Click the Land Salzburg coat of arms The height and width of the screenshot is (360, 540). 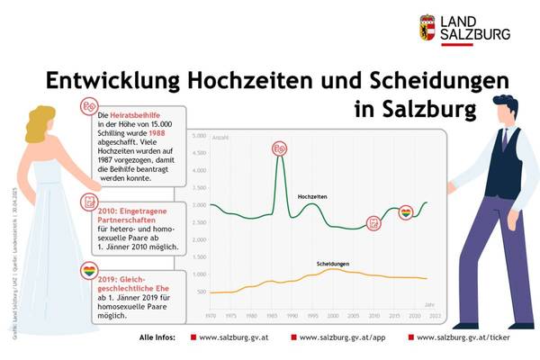tap(427, 28)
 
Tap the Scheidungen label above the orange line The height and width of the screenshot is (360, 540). tap(333, 264)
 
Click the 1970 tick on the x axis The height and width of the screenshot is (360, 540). tap(211, 316)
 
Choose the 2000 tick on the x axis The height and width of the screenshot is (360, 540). tap(333, 316)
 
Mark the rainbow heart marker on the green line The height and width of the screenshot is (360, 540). tap(406, 213)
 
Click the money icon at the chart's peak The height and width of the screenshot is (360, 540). tap(280, 148)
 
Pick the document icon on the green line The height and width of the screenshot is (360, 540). tap(373, 223)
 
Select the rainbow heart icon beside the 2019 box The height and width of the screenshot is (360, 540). tap(89, 269)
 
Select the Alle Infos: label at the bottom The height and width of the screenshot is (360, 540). tap(158, 337)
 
